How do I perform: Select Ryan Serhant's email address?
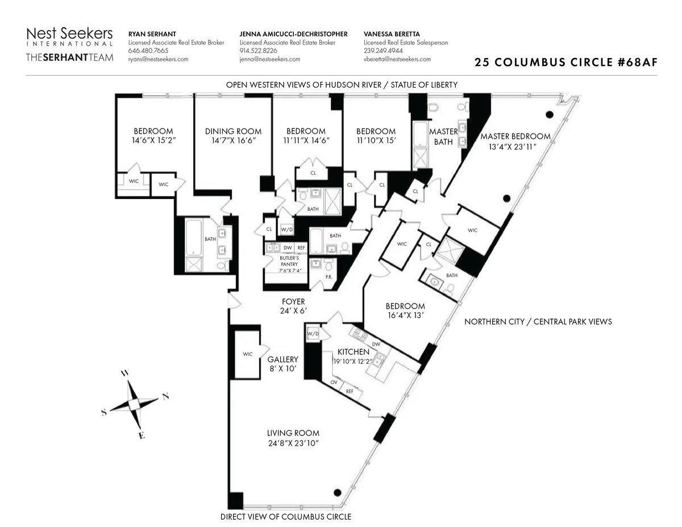click(x=158, y=59)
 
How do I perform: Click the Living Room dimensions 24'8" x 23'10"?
click(x=293, y=443)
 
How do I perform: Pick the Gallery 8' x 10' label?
click(x=283, y=364)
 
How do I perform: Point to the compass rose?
click(x=135, y=404)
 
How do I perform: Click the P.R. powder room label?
click(x=328, y=277)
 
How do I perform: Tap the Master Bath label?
click(x=443, y=136)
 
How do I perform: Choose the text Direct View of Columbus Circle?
click(x=285, y=517)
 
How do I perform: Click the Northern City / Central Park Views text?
click(x=538, y=322)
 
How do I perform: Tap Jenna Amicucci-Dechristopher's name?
click(x=293, y=34)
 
